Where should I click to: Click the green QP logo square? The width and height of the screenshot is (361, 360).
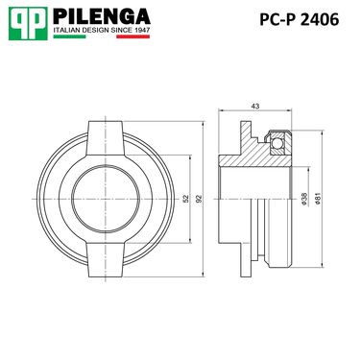pyautogui.click(x=28, y=23)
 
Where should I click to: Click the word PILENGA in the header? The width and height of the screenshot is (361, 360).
pyautogui.click(x=102, y=16)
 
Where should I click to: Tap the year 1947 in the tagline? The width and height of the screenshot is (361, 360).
pyautogui.click(x=142, y=30)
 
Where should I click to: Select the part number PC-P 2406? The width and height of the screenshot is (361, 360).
pyautogui.click(x=299, y=20)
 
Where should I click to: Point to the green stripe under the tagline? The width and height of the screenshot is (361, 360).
pyautogui.click(x=69, y=36)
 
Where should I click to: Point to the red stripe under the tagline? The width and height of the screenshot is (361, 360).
pyautogui.click(x=133, y=36)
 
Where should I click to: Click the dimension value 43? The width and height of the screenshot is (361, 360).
pyautogui.click(x=255, y=107)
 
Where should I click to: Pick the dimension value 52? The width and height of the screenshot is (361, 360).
pyautogui.click(x=186, y=199)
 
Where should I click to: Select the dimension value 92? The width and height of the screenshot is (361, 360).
pyautogui.click(x=199, y=199)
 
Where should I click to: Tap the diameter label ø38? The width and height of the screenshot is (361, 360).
pyautogui.click(x=304, y=199)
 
